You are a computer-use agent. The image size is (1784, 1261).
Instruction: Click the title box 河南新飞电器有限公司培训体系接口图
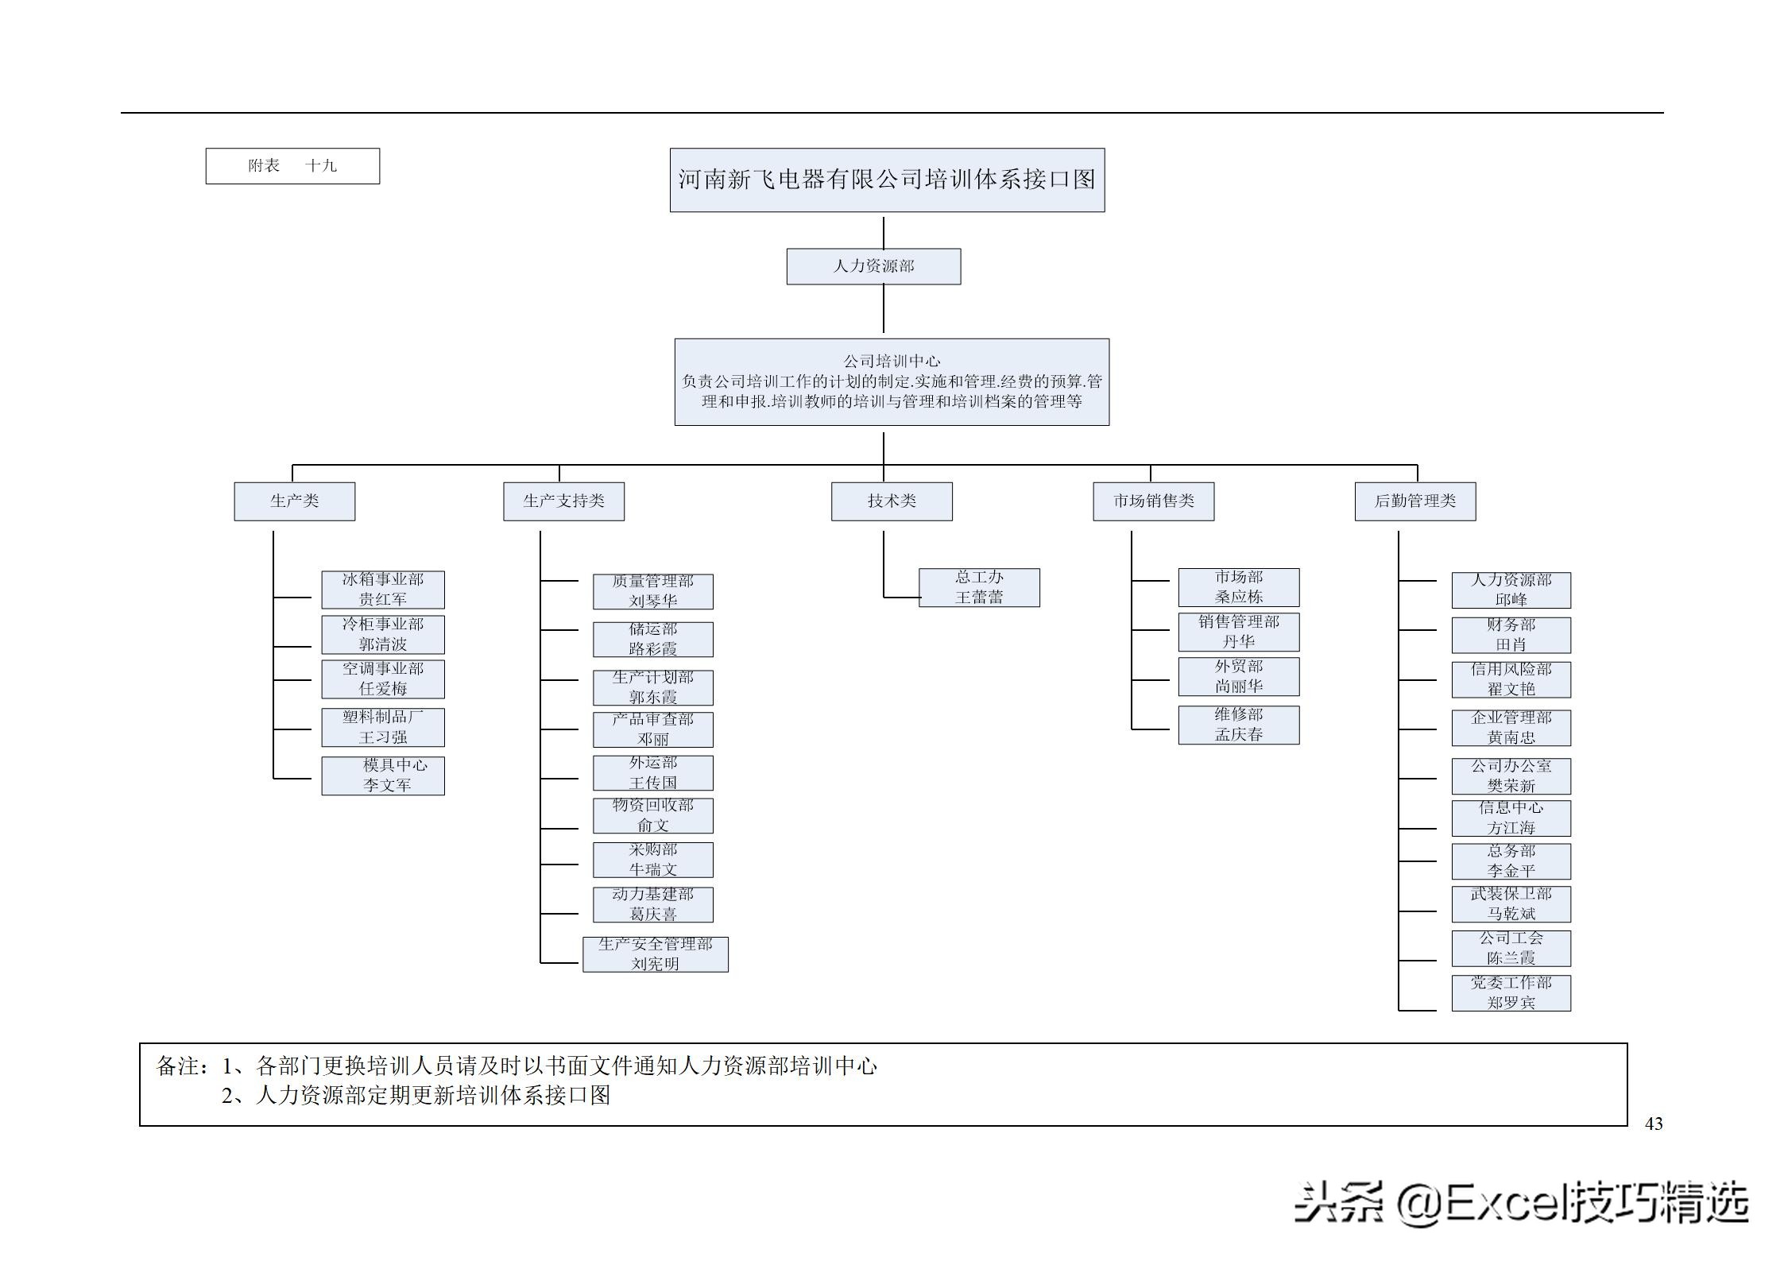coord(887,180)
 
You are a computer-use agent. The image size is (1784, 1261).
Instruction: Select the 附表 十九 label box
coord(292,166)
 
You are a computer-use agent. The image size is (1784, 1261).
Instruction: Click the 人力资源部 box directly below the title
coord(873,266)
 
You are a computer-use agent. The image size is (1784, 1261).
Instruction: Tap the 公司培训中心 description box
coord(892,381)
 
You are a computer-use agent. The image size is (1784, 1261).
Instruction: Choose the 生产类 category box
coord(294,501)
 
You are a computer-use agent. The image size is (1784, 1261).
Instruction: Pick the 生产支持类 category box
coord(563,501)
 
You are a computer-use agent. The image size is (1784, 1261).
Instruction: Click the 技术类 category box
coord(892,501)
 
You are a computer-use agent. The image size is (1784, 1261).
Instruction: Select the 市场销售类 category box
coord(1153,501)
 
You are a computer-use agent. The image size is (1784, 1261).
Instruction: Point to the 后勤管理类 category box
coord(1414,501)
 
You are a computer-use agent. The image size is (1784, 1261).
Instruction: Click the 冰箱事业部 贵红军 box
coord(382,590)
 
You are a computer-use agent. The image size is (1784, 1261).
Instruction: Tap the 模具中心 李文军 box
coord(382,776)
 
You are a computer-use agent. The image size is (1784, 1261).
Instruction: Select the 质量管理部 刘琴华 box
coord(652,591)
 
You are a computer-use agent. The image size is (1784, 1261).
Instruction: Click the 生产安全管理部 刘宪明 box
coord(655,953)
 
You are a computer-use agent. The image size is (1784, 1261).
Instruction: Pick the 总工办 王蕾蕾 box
coord(979,587)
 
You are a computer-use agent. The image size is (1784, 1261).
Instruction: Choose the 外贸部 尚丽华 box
coord(1238,676)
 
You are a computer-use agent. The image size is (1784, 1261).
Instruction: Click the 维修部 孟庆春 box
coord(1238,725)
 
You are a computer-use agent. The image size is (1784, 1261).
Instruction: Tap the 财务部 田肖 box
coord(1511,635)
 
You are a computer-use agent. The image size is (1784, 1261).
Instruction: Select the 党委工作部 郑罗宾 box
coord(1511,992)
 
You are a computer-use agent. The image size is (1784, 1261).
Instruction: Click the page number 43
coord(1653,1124)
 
